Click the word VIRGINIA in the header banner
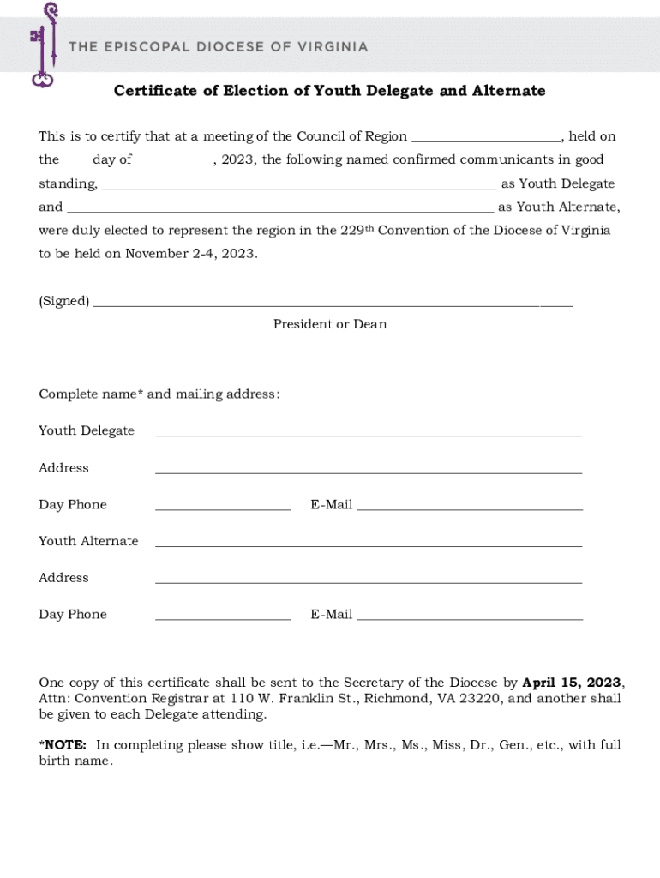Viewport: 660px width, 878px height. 333,46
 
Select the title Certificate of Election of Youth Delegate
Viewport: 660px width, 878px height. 329,91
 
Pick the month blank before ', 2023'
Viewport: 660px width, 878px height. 174,162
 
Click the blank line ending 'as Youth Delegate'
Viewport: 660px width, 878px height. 298,186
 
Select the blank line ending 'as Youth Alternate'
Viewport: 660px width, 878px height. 280,209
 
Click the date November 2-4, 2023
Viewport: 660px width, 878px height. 191,254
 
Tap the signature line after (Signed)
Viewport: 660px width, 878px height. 332,304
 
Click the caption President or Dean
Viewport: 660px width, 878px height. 330,324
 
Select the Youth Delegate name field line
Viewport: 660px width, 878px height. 369,434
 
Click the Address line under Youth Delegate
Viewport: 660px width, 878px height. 369,471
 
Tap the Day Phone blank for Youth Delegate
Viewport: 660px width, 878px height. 223,508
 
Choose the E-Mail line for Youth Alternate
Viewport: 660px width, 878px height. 470,617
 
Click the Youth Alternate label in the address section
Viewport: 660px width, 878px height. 88,541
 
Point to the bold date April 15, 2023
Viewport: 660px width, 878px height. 571,683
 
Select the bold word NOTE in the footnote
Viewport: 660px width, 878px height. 65,745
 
